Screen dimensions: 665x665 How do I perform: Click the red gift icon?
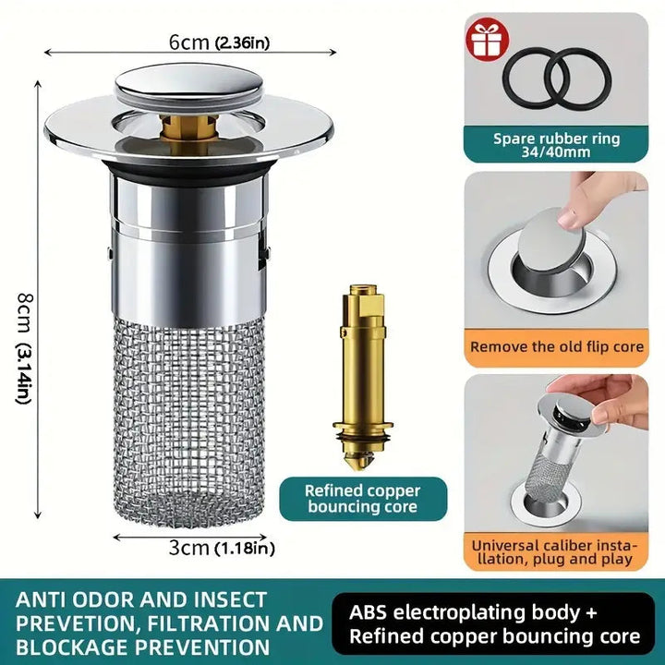[x=488, y=41]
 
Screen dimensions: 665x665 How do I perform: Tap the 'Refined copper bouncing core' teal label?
[x=363, y=499]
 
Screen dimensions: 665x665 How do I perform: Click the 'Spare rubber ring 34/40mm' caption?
[x=556, y=145]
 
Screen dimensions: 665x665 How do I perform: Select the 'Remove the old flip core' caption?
[x=556, y=347]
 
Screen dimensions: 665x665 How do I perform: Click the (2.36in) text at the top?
[x=242, y=42]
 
